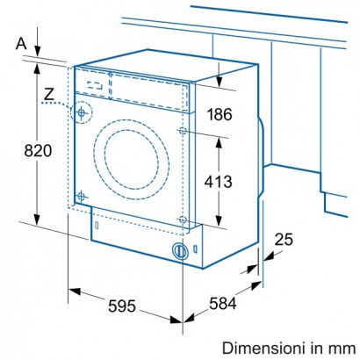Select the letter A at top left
20,42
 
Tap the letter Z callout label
47,94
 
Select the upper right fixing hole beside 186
183,131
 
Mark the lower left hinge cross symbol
81,195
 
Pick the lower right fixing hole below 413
182,219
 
